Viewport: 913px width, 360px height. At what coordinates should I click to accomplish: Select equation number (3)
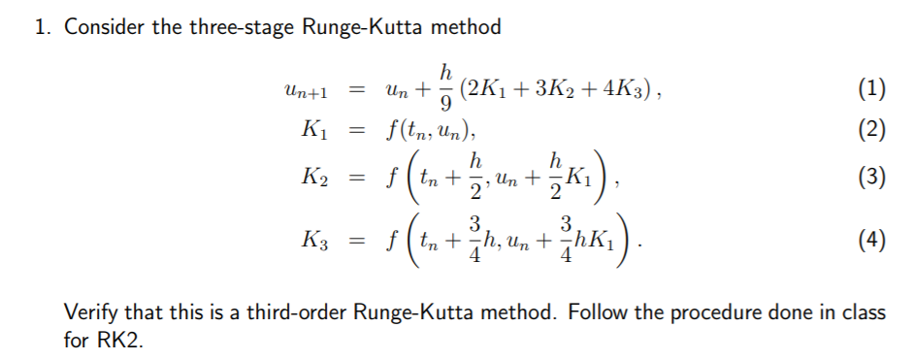pos(872,180)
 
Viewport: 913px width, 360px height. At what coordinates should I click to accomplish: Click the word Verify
pos(88,313)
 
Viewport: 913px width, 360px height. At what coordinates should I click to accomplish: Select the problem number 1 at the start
pos(41,27)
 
